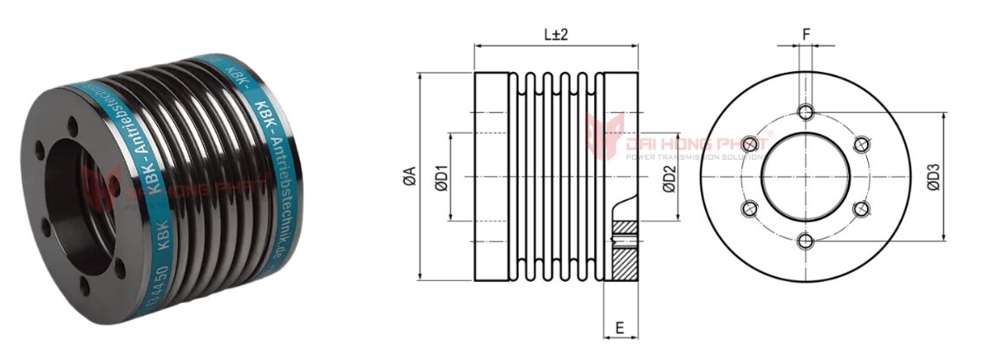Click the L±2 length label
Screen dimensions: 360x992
556,36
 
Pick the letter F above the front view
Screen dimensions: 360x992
806,35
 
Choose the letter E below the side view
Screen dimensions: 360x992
620,328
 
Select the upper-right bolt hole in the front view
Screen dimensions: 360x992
862,144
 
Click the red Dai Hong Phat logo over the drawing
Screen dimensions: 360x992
599,135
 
